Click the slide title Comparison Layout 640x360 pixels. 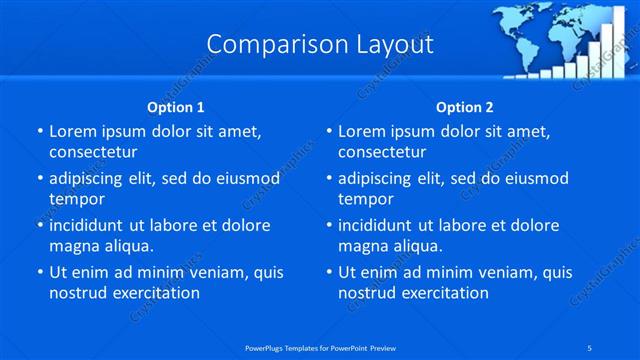pyautogui.click(x=320, y=44)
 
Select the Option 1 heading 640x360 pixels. pyautogui.click(x=176, y=107)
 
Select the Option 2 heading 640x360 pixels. pyautogui.click(x=465, y=107)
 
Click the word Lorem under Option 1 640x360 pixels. pyautogui.click(x=71, y=132)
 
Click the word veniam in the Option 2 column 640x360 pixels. pyautogui.click(x=512, y=272)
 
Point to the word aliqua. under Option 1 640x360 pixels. pyautogui.click(x=129, y=246)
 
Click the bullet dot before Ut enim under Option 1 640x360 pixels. pyautogui.click(x=40, y=272)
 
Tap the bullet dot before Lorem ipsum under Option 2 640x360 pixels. pyautogui.click(x=329, y=132)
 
